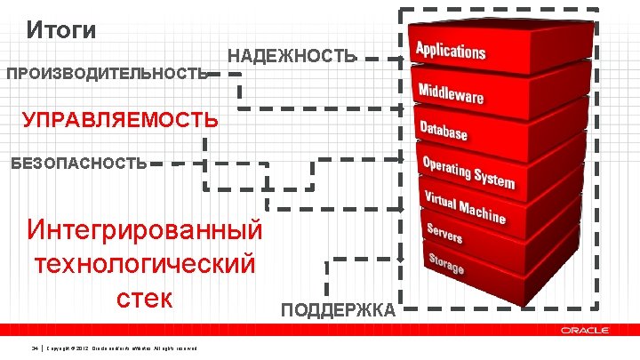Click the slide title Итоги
pos(61,30)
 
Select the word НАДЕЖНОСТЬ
pos(292,57)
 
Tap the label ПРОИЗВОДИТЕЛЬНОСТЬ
pos(107,74)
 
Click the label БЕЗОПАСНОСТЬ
pos(78,163)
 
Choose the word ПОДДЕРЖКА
pos(338,309)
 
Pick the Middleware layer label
pos(451,91)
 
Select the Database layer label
pos(444,131)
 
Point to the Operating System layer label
pos(468,172)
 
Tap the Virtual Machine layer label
pos(464,207)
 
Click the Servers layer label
pos(444,234)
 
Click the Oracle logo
pos(585,330)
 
